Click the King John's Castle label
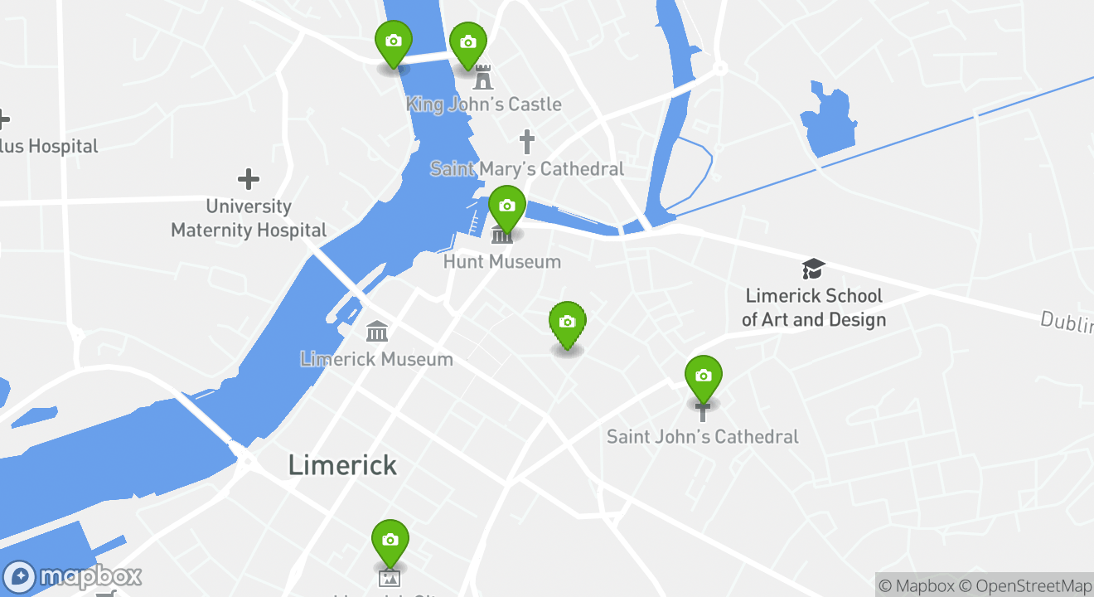pyautogui.click(x=483, y=104)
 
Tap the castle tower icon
pyautogui.click(x=482, y=78)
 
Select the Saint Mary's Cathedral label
pyautogui.click(x=527, y=169)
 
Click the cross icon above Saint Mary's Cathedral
pyautogui.click(x=526, y=141)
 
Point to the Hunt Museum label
pyautogui.click(x=502, y=262)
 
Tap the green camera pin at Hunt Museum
pyautogui.click(x=507, y=206)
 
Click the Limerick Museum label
pyautogui.click(x=376, y=359)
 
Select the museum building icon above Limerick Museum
pyautogui.click(x=377, y=332)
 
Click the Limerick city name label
pyautogui.click(x=342, y=465)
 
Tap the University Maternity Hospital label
pyautogui.click(x=249, y=218)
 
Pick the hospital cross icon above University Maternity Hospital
pyautogui.click(x=248, y=179)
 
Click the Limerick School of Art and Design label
pyautogui.click(x=814, y=308)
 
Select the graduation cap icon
pyautogui.click(x=814, y=269)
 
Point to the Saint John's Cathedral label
pyautogui.click(x=703, y=436)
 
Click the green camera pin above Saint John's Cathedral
pyautogui.click(x=704, y=376)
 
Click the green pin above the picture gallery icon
pyautogui.click(x=390, y=541)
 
